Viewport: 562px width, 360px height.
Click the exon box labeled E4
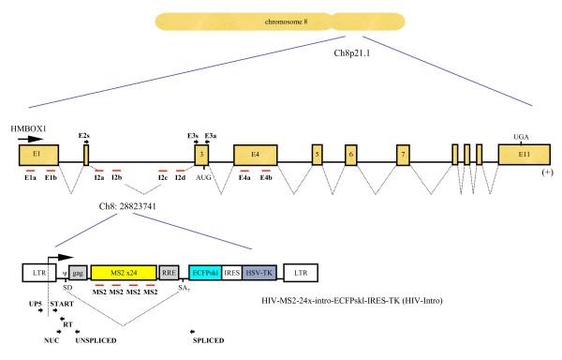coord(254,156)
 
